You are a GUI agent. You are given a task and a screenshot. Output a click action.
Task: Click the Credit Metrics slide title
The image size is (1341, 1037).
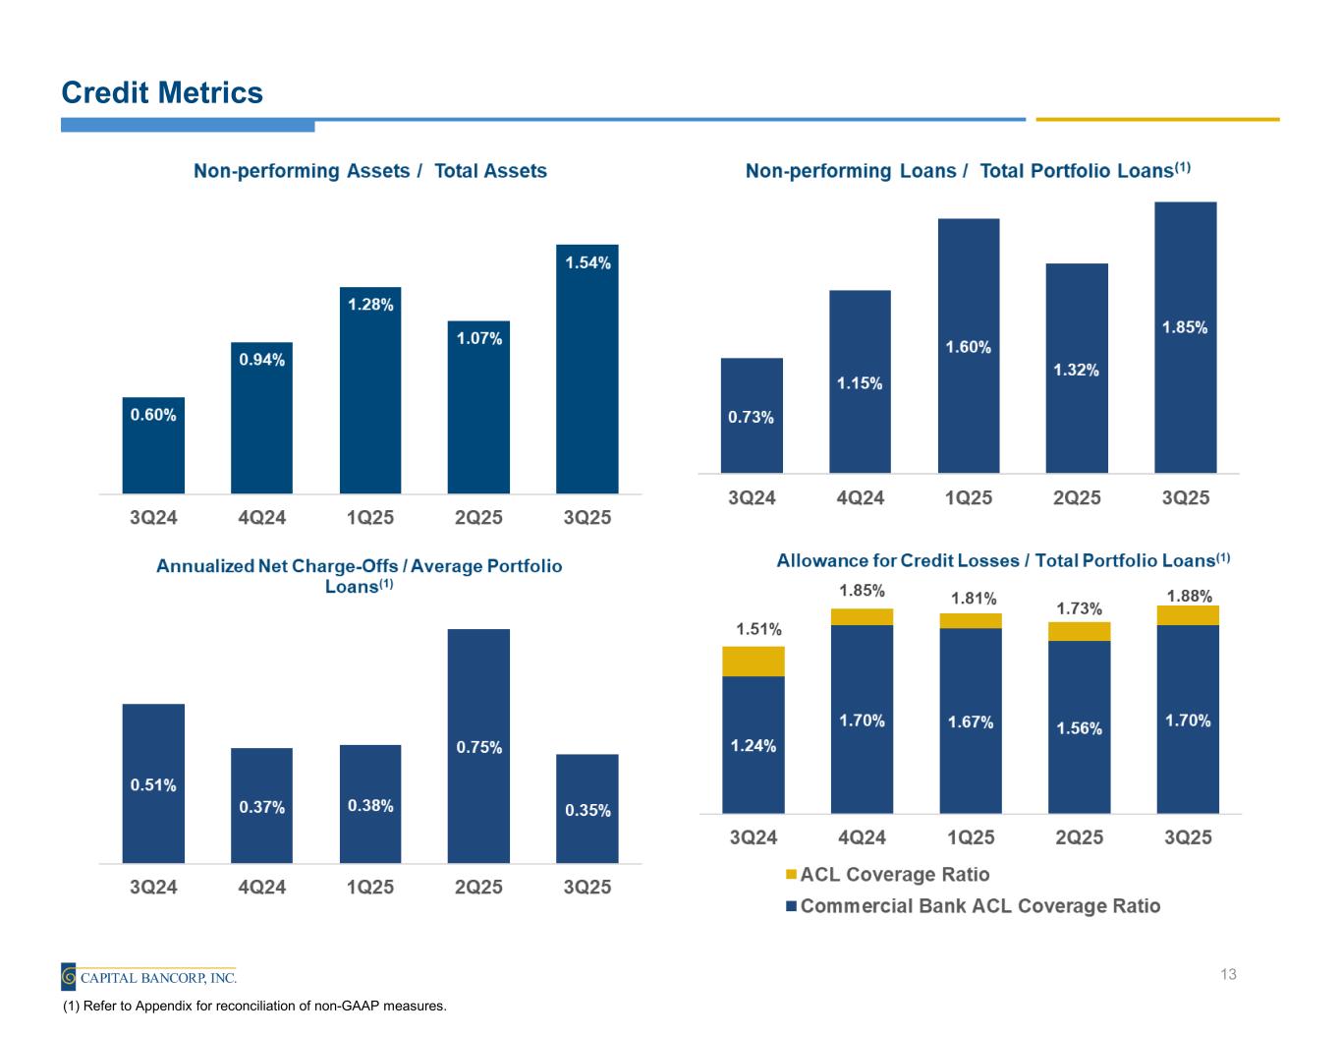tap(162, 92)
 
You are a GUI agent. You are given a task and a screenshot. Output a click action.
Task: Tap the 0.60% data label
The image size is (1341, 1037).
tap(153, 415)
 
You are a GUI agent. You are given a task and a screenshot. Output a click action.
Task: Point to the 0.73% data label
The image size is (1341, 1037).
tap(751, 418)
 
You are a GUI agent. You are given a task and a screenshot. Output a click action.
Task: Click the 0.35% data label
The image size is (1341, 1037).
tap(587, 811)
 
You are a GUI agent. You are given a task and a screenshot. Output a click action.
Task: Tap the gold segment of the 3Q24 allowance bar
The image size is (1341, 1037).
tap(753, 662)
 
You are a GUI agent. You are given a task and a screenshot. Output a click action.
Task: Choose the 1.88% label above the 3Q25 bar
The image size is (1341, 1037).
tap(1189, 596)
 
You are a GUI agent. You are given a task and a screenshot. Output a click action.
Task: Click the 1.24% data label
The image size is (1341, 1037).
tap(753, 746)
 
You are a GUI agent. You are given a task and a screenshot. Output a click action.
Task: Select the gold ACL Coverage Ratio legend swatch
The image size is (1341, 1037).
tap(791, 875)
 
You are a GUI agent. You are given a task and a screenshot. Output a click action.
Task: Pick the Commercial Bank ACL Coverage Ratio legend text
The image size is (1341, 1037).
tap(980, 906)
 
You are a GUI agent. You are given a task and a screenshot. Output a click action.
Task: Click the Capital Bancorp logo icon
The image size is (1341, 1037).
tap(69, 977)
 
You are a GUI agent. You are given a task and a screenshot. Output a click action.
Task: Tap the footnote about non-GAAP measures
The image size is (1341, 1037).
tap(254, 1007)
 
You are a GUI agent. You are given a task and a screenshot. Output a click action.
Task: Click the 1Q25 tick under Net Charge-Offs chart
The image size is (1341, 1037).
tap(370, 888)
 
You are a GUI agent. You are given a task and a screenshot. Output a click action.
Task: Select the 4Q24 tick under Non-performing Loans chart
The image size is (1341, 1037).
tap(860, 498)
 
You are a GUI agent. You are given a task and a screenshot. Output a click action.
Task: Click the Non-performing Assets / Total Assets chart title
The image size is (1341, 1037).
tap(370, 171)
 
